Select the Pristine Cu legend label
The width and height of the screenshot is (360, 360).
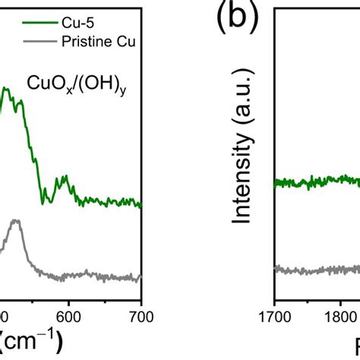coord(99,42)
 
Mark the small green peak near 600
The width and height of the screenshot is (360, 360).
coord(66,178)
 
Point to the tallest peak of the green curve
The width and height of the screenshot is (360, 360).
coord(5,89)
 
